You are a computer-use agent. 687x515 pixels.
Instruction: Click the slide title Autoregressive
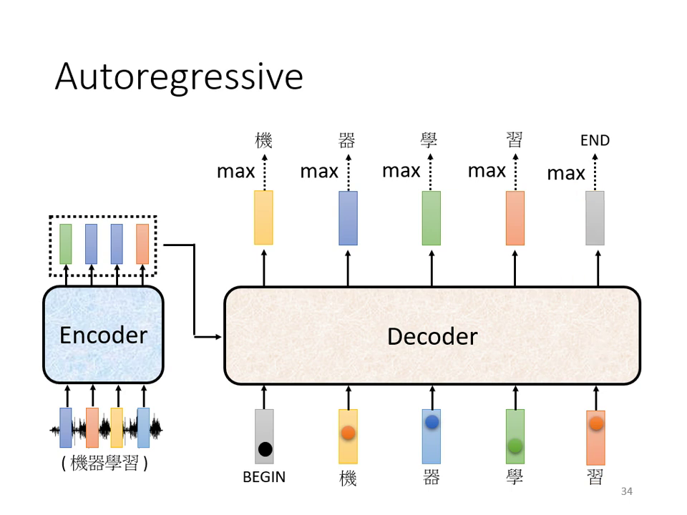point(179,76)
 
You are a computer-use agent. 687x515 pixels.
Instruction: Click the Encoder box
point(103,335)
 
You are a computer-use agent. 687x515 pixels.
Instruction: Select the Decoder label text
point(432,336)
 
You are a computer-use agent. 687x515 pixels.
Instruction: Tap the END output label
point(595,140)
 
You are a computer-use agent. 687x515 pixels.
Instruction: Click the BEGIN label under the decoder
point(264,477)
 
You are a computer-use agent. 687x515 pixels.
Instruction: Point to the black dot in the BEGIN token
point(265,449)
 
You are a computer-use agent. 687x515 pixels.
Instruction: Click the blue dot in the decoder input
point(432,422)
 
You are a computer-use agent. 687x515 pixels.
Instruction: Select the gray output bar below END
point(595,218)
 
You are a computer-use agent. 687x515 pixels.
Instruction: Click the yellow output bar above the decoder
point(264,217)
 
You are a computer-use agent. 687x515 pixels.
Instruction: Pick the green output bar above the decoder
point(432,218)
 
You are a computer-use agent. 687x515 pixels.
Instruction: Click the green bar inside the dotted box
point(66,244)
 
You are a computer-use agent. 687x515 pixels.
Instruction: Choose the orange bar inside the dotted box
point(142,244)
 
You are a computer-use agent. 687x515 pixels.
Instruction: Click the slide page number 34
point(627,491)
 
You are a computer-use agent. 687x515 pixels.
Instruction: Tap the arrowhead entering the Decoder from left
point(218,336)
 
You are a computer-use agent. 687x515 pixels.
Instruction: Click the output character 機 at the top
point(264,140)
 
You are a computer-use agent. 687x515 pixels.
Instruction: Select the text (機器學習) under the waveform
point(104,463)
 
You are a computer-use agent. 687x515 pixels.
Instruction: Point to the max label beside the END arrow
point(566,173)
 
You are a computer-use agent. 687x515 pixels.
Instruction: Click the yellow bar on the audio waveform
point(117,428)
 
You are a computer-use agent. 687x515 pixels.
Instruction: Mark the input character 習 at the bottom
point(595,477)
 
